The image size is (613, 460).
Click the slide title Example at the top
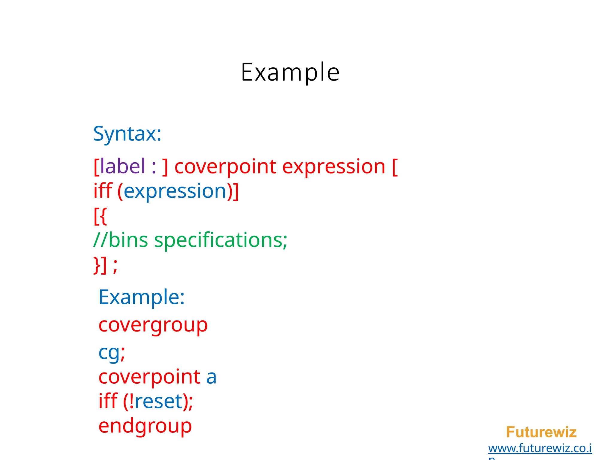click(x=290, y=72)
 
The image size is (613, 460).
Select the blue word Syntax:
click(x=127, y=134)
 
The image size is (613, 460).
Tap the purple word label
click(x=123, y=167)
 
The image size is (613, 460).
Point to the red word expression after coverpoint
click(x=333, y=167)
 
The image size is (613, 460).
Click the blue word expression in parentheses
click(x=175, y=191)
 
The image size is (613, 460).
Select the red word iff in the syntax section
click(x=103, y=191)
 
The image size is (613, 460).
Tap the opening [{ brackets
click(x=100, y=216)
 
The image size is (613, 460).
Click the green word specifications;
click(x=221, y=240)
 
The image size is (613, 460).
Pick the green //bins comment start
click(x=121, y=240)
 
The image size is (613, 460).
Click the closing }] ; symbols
click(x=105, y=265)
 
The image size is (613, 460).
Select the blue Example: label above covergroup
click(x=142, y=297)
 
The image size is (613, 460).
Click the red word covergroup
click(x=153, y=325)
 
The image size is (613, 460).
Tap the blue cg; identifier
click(x=112, y=353)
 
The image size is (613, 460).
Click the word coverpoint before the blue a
click(x=149, y=377)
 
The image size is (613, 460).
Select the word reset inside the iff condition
click(x=159, y=402)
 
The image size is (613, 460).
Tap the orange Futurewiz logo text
click(x=541, y=432)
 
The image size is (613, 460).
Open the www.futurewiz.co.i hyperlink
click(x=540, y=448)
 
